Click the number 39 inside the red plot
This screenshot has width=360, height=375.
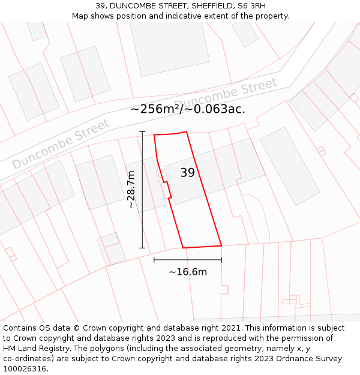click(187, 173)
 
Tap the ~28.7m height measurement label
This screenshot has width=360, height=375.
click(131, 190)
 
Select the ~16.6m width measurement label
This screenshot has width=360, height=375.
click(188, 272)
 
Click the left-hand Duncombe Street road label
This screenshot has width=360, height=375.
click(61, 144)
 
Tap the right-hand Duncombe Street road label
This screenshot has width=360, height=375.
click(226, 95)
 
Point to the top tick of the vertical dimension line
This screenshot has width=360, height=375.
click(142, 131)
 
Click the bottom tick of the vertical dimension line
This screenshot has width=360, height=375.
click(142, 248)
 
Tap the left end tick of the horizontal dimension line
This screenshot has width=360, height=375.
click(154, 260)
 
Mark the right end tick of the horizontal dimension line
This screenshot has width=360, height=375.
click(221, 260)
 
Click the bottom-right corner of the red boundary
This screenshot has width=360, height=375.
click(221, 245)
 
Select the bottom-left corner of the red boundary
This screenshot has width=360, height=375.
click(183, 248)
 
